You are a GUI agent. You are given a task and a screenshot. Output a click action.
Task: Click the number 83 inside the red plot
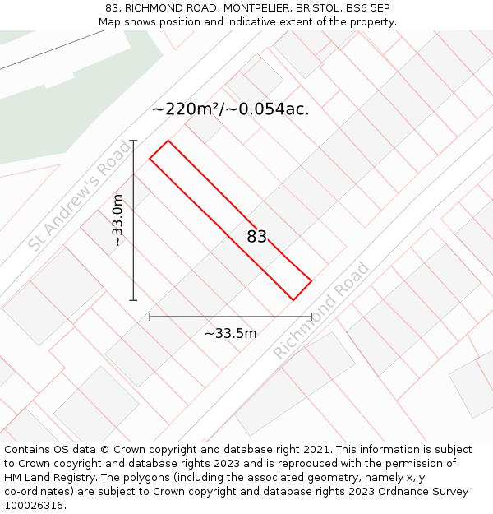pos(257,237)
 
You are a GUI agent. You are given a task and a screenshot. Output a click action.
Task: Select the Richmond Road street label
pos(321,310)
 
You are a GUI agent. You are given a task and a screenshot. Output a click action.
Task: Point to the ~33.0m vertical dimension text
pos(118,220)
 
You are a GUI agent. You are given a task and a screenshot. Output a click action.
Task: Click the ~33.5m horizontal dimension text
pos(230,333)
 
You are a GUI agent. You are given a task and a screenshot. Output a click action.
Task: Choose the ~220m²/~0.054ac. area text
pos(231,109)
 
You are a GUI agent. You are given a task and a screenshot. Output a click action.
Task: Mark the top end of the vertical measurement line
pos(133,141)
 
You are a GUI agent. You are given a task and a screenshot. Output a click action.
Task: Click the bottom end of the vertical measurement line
pos(133,300)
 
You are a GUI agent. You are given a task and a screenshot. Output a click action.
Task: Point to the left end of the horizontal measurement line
pos(150,316)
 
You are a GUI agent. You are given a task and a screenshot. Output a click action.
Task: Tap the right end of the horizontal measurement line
pos(311,316)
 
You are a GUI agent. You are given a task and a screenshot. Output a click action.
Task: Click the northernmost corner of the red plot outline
pos(168,141)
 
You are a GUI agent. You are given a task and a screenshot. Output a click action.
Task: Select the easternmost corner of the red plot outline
pos(311,281)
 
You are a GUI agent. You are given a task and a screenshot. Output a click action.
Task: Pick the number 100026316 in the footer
pos(34,505)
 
